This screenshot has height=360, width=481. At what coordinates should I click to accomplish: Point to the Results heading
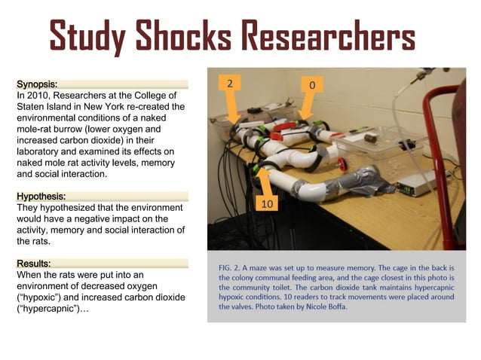(x=34, y=264)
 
